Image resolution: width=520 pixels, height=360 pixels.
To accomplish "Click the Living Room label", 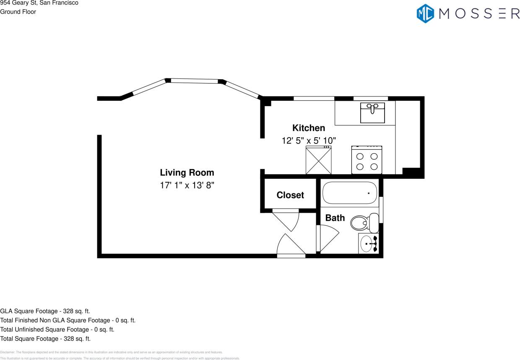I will pyautogui.click(x=187, y=172).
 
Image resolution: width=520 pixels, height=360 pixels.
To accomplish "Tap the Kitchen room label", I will pyautogui.click(x=308, y=128).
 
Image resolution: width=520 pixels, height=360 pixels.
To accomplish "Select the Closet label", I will pyautogui.click(x=290, y=195).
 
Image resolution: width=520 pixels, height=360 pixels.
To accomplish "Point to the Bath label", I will pyautogui.click(x=335, y=218).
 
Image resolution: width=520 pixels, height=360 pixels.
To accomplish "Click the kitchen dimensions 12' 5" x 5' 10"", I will pyautogui.click(x=309, y=141).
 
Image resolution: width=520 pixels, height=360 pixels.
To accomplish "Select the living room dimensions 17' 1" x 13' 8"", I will pyautogui.click(x=187, y=185).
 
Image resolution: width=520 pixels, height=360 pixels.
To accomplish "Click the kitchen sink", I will pyautogui.click(x=372, y=112).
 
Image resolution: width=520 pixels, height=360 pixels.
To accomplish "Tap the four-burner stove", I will pyautogui.click(x=367, y=160).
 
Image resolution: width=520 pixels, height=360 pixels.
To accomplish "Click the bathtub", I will pyautogui.click(x=349, y=193).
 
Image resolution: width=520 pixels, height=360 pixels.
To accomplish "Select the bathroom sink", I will pyautogui.click(x=368, y=244).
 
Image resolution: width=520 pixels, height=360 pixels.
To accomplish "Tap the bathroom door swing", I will pyautogui.click(x=328, y=237).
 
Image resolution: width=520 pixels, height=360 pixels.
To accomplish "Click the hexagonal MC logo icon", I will pyautogui.click(x=425, y=13).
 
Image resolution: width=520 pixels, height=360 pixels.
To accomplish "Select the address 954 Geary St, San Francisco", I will pyautogui.click(x=39, y=3).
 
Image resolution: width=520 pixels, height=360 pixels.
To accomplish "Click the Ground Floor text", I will pyautogui.click(x=18, y=12).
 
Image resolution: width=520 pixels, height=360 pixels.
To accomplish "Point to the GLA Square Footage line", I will pyautogui.click(x=45, y=311).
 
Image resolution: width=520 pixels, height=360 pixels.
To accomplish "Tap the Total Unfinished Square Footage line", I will pyautogui.click(x=57, y=329).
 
